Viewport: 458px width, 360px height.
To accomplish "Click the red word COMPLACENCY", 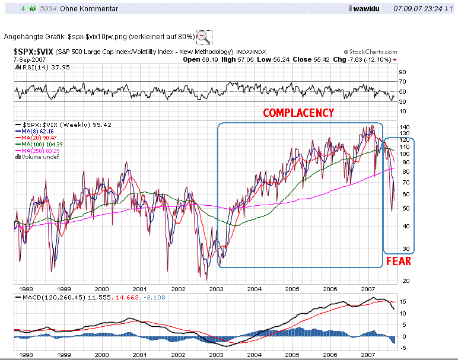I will (298, 113).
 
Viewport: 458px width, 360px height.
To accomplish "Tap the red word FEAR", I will (399, 261).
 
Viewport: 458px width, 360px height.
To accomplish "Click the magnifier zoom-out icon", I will (203, 36).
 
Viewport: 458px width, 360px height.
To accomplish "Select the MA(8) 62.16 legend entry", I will (35, 132).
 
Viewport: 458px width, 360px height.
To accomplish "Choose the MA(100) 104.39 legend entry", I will (39, 145).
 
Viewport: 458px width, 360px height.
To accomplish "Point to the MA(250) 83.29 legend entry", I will (39, 151).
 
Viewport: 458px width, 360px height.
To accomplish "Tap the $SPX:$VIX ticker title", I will (33, 52).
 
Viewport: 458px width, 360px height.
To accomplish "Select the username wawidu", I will (368, 9).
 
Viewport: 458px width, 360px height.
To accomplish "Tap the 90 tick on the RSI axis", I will (402, 72).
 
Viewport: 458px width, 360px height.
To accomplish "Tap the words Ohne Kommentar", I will (92, 9).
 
